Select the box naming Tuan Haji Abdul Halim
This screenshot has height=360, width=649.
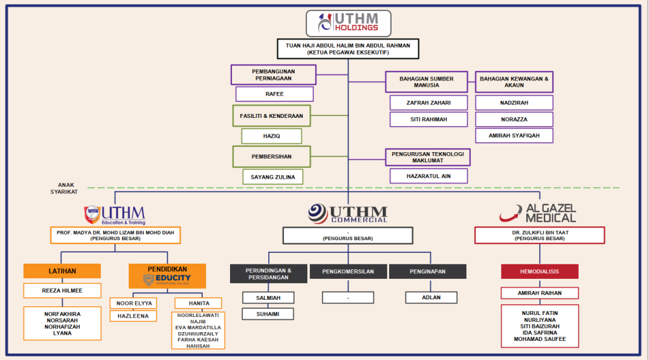click(x=348, y=49)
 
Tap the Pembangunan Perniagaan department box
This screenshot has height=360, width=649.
click(x=273, y=75)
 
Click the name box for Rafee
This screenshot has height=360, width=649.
click(x=274, y=94)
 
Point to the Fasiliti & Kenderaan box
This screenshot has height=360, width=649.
click(x=271, y=116)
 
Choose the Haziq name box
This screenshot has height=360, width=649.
click(x=271, y=136)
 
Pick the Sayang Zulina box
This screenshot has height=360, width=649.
click(x=273, y=176)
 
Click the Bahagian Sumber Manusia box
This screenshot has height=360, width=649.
click(x=427, y=82)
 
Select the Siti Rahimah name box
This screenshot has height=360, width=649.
click(x=428, y=119)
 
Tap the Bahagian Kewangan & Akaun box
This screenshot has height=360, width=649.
click(x=514, y=82)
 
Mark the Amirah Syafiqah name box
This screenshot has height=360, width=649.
click(x=514, y=136)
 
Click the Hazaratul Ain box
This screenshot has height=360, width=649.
click(x=428, y=176)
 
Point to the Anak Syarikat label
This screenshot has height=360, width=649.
click(x=67, y=188)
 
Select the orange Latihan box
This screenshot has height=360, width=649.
click(x=62, y=271)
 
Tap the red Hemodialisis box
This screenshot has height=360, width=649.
click(x=539, y=271)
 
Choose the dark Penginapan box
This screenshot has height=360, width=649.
click(x=428, y=271)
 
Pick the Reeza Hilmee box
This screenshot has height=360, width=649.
click(x=62, y=291)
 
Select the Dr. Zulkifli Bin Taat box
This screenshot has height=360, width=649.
click(x=539, y=235)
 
